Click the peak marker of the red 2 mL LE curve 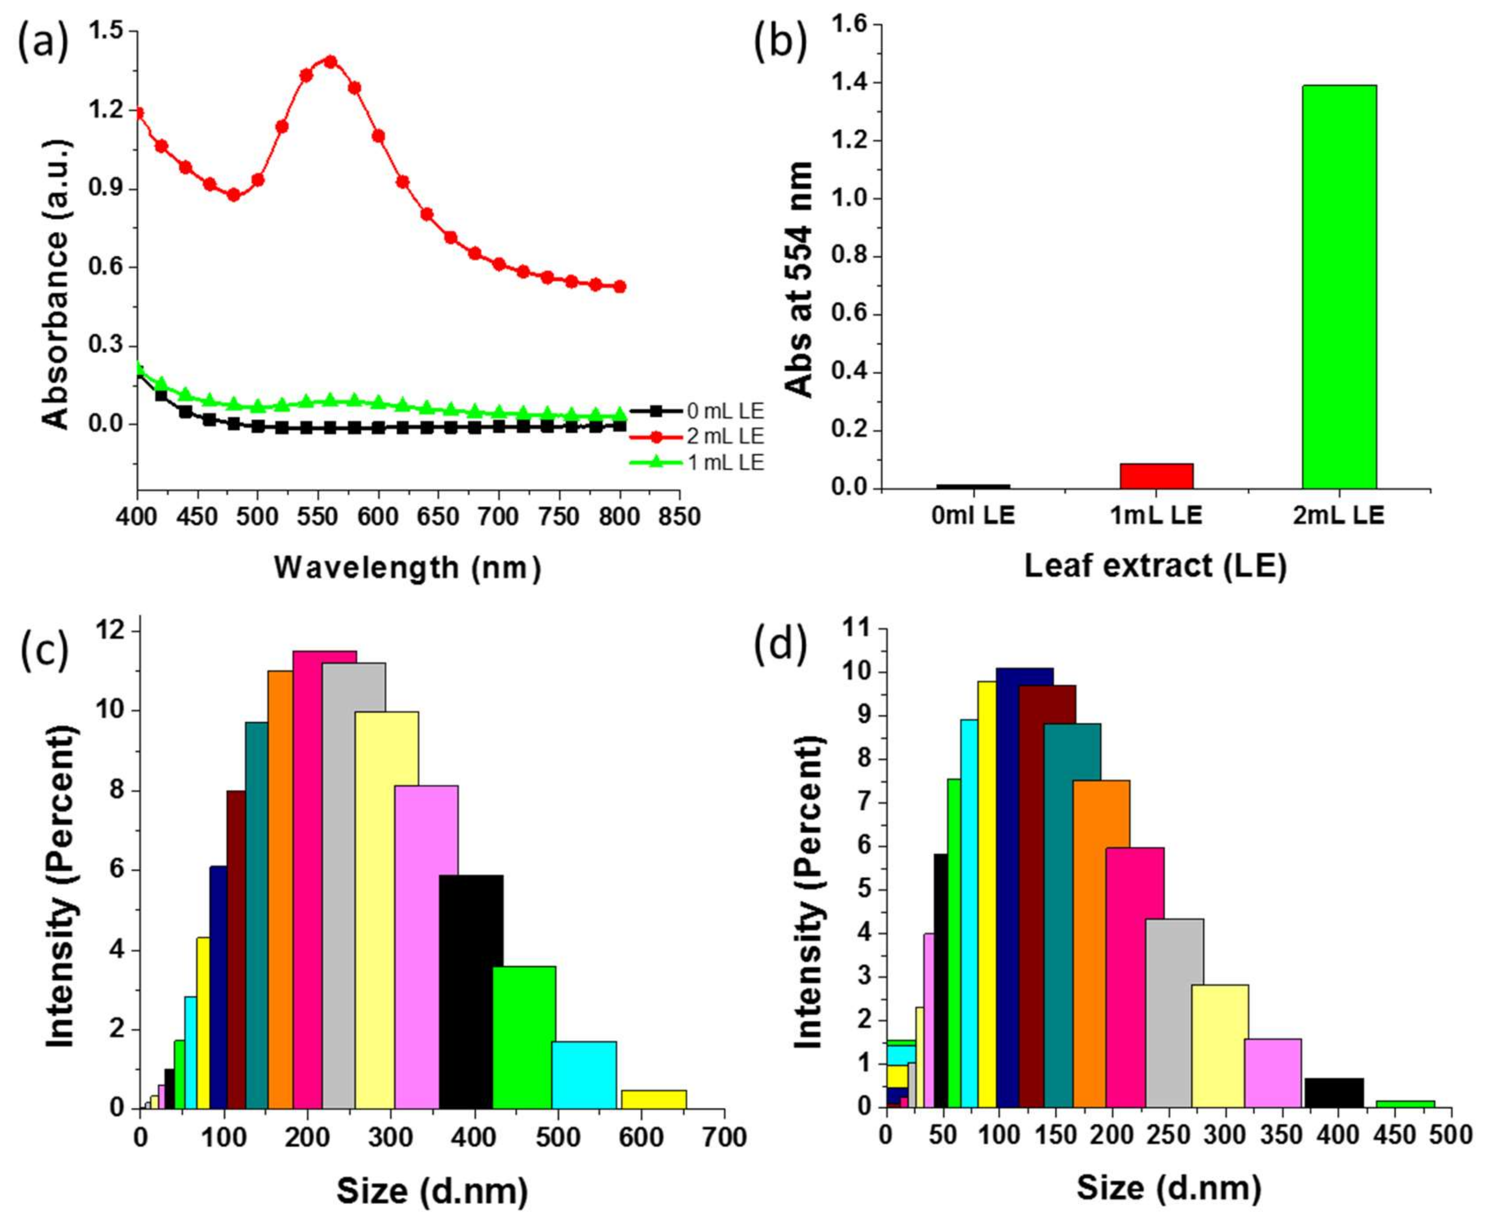(330, 61)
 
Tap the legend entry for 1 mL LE (724, 463)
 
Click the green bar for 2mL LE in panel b (1339, 287)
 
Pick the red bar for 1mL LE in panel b (1156, 476)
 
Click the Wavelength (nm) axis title (407, 567)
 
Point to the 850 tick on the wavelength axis (679, 517)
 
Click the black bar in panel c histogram (471, 991)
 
